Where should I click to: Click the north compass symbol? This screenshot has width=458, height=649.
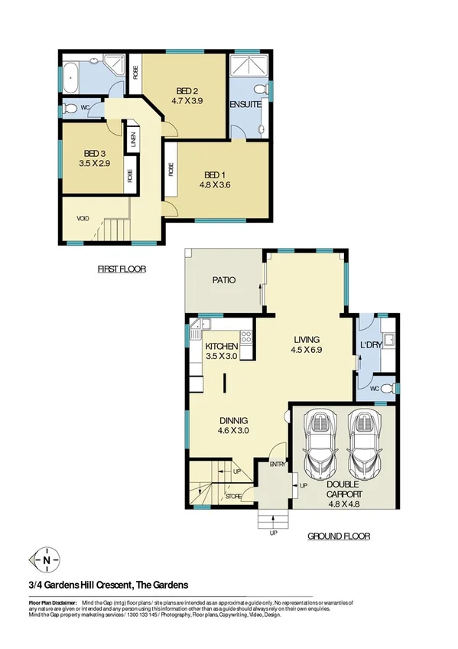click(x=48, y=559)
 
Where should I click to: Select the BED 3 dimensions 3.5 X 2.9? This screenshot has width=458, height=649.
click(x=93, y=163)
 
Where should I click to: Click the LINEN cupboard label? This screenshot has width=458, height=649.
click(x=133, y=139)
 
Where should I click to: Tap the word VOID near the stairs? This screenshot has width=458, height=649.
click(x=83, y=218)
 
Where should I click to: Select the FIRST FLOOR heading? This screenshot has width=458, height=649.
click(x=122, y=269)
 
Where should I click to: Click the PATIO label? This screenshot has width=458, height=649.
click(x=223, y=280)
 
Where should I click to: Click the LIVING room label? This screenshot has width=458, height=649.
click(x=307, y=340)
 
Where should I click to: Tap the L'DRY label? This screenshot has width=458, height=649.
click(x=371, y=345)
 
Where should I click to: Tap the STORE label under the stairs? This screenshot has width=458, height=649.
click(x=234, y=497)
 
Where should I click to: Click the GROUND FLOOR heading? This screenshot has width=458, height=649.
click(x=339, y=536)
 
